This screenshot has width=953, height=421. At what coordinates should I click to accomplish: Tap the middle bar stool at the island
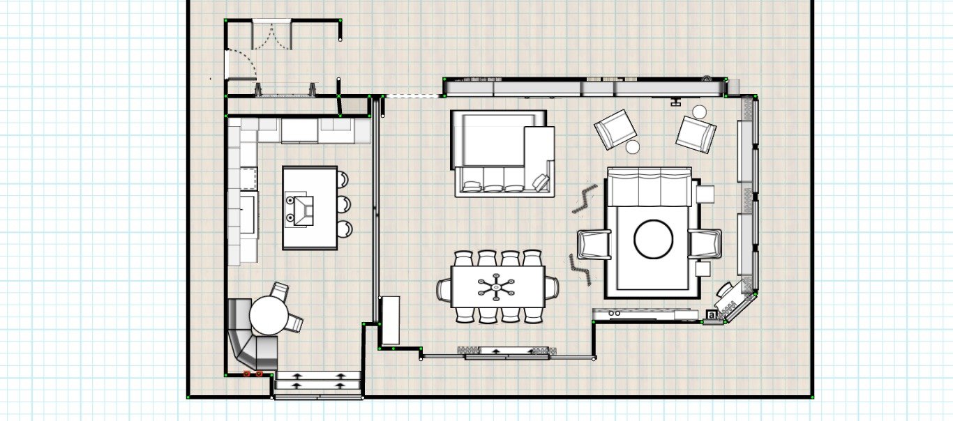pyautogui.click(x=343, y=204)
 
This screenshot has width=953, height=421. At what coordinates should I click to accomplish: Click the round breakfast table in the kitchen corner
pyautogui.click(x=269, y=315)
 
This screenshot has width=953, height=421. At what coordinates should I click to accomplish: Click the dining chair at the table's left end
pyautogui.click(x=444, y=289)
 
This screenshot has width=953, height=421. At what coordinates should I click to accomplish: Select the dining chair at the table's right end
pyautogui.click(x=551, y=286)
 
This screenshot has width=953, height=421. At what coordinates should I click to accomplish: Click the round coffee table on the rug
pyautogui.click(x=653, y=240)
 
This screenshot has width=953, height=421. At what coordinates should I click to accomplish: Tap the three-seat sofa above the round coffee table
pyautogui.click(x=649, y=187)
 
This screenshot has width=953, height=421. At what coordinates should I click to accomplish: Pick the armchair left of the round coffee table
pyautogui.click(x=594, y=245)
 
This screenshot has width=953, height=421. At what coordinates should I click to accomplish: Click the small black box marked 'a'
pyautogui.click(x=712, y=315)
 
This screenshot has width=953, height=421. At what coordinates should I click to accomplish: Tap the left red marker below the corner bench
pyautogui.click(x=247, y=374)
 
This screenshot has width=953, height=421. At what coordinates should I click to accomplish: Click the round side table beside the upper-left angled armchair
pyautogui.click(x=633, y=146)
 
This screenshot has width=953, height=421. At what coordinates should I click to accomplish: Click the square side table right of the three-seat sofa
pyautogui.click(x=705, y=193)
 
